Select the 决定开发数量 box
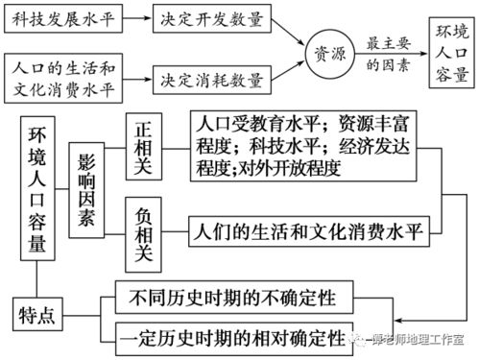point(212,17)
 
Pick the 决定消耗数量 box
point(212,78)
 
